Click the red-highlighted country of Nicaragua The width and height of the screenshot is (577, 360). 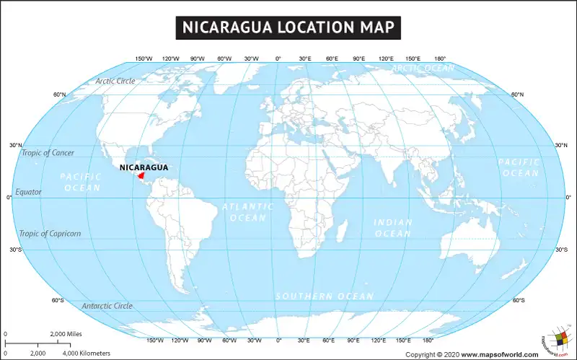coord(141,175)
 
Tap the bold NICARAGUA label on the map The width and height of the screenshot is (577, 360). coord(144,167)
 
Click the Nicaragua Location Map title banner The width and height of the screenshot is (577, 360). coord(288,27)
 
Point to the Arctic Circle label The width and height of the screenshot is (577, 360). coord(115,81)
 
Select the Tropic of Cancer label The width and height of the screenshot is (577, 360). coord(48,153)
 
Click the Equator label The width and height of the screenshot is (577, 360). coord(29,192)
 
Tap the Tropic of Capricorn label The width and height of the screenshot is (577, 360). coord(50,234)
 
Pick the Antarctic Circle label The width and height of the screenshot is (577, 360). coord(107,306)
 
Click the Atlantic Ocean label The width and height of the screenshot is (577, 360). coord(247,211)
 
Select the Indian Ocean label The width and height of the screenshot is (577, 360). coord(393,228)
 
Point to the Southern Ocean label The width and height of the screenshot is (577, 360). coord(325,297)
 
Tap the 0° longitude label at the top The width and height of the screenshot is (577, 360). coord(278,58)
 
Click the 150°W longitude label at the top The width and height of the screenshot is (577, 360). coord(144,58)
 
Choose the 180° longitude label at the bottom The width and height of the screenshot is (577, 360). coord(428,340)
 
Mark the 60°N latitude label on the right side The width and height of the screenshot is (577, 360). coord(517,95)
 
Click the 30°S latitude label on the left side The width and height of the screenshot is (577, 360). coord(15,250)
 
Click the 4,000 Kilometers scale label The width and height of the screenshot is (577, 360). coord(86,354)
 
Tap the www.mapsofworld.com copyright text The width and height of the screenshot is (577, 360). coord(499,354)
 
